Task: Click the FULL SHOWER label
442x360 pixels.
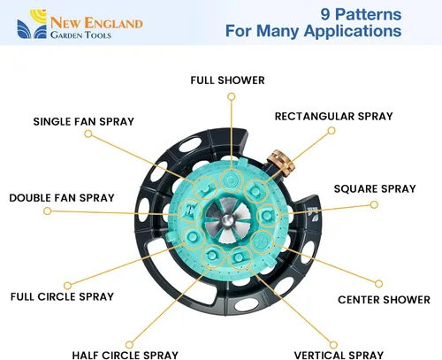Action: (227, 80)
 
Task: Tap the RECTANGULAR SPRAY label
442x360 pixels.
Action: (334, 116)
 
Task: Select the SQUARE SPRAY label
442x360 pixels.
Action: (375, 188)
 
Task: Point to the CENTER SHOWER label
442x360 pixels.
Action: (384, 300)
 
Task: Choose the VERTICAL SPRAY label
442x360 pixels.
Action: (339, 355)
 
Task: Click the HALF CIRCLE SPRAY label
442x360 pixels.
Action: (126, 355)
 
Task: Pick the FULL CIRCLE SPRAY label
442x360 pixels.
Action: (62, 296)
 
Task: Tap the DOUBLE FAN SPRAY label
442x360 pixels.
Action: (62, 197)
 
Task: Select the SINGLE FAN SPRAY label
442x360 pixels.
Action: (84, 121)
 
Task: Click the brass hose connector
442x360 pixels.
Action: (281, 163)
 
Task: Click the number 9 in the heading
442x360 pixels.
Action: (325, 14)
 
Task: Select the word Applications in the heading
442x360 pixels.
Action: (353, 32)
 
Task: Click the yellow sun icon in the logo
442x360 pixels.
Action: (38, 16)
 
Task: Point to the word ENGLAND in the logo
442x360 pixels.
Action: (113, 23)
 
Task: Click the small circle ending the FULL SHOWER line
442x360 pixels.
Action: (232, 96)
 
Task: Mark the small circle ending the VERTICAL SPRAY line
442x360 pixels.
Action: (333, 345)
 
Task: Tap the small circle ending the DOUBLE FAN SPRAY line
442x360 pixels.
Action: (47, 211)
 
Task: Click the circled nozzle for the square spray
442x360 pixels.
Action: (268, 216)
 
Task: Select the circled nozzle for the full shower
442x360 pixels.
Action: (232, 180)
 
